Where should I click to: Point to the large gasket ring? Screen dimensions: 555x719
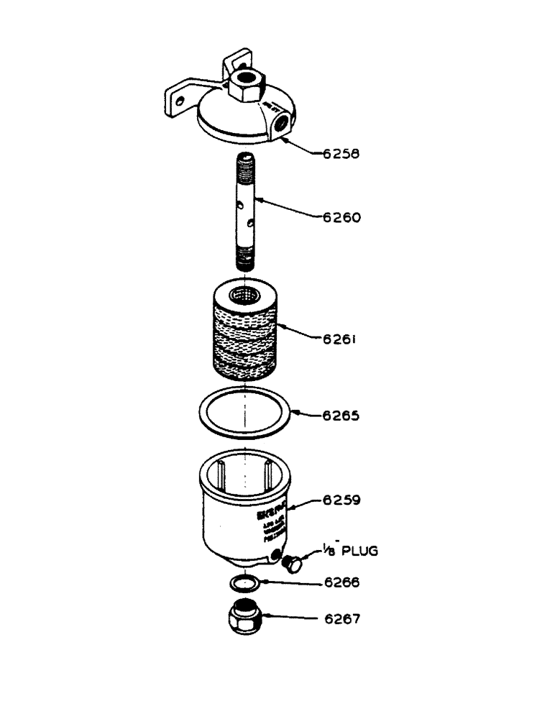(x=245, y=413)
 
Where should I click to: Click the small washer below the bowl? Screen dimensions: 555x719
(x=245, y=581)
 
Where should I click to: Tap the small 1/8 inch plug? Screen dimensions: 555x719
(x=293, y=563)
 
